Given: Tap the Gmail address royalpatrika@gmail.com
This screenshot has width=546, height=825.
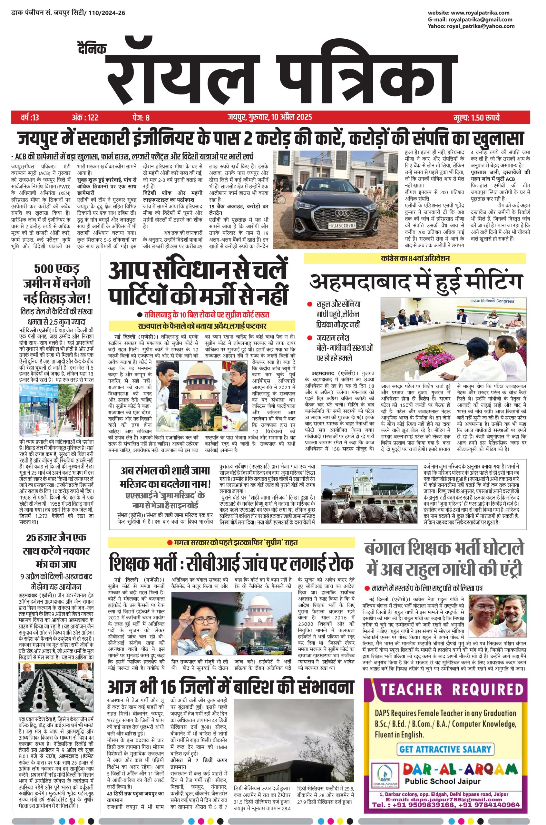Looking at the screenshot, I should coord(480,19).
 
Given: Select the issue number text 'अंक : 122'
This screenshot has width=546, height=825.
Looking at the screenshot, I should coord(85,117).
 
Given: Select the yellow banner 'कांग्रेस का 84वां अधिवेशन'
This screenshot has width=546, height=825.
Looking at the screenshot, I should coord(415,258).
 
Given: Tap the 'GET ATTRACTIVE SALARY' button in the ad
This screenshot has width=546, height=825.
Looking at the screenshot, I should coord(445,748).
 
